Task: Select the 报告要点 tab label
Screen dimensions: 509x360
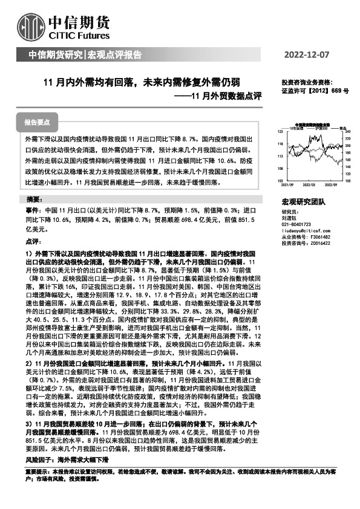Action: click(38, 122)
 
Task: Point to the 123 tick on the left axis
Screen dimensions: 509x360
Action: click(280, 131)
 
